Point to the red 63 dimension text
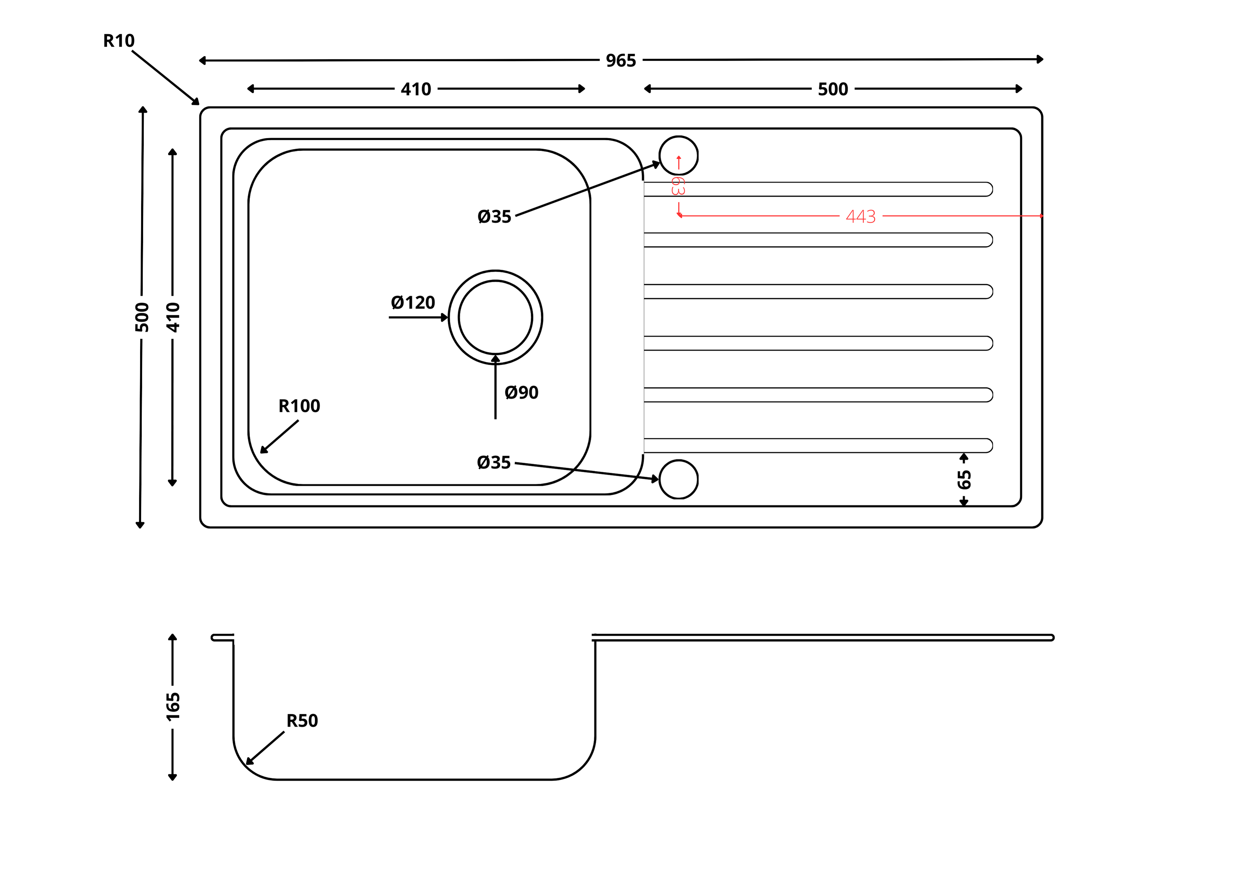[x=678, y=186]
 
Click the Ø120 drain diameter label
[x=413, y=302]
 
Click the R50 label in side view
[x=302, y=720]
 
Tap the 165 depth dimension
[x=173, y=706]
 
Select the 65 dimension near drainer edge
[x=964, y=479]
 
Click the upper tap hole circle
[x=678, y=155]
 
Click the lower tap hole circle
[x=678, y=479]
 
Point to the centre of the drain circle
[x=495, y=317]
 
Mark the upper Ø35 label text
[x=494, y=216]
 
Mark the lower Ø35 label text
[x=494, y=462]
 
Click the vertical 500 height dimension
[x=141, y=317]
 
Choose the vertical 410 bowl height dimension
[x=173, y=317]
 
